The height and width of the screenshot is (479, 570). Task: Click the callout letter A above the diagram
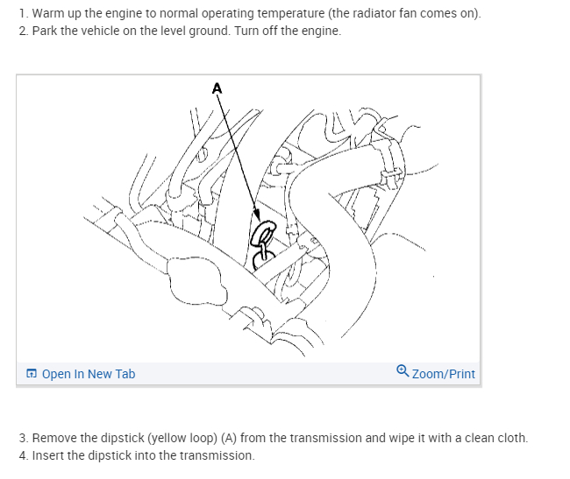[x=217, y=87]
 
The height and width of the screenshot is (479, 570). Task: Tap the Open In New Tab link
[x=88, y=374]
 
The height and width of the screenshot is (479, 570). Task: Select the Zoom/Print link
[x=443, y=374]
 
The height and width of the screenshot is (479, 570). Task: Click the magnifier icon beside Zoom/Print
[x=402, y=372]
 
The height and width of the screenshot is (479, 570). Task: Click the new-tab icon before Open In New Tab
[x=32, y=374]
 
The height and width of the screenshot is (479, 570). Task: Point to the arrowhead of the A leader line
[x=257, y=217]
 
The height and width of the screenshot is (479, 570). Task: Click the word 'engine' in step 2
[x=319, y=31]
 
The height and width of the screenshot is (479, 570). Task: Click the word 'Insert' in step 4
[x=47, y=455]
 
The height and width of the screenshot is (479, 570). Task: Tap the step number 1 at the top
[x=21, y=15]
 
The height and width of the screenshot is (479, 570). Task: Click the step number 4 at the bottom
[x=21, y=455]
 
